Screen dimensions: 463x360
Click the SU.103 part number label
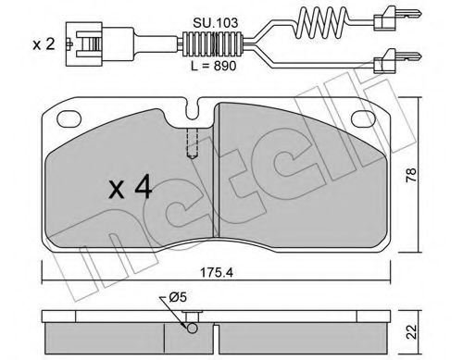click(216, 23)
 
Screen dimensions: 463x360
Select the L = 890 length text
click(213, 66)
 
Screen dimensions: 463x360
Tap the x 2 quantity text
click(44, 44)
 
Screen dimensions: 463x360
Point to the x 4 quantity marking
click(131, 187)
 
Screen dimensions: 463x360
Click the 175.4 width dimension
click(217, 273)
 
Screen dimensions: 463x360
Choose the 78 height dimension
click(412, 175)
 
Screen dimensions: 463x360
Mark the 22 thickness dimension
click(412, 331)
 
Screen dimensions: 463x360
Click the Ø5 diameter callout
click(178, 297)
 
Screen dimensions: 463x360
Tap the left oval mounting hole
click(69, 118)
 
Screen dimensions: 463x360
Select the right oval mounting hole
click(364, 118)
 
